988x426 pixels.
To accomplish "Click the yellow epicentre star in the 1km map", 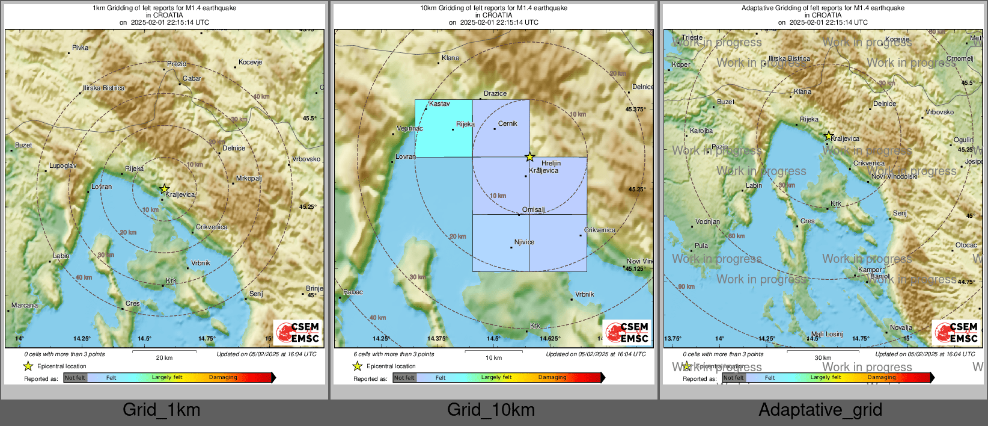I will tap(165, 189).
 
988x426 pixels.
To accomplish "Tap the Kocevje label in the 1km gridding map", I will tap(250, 62).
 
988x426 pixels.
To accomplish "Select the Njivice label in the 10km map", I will tap(524, 242).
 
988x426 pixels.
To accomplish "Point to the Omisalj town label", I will tap(533, 210).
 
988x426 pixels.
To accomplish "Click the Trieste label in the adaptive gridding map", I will tap(692, 37).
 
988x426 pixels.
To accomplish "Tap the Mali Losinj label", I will tap(827, 334).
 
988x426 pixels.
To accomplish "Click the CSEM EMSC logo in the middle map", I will tap(627, 332).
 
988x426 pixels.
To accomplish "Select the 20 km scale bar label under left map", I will tap(164, 357).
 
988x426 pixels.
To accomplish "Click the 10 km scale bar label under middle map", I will tap(493, 357).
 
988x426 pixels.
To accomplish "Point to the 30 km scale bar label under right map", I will tap(823, 357).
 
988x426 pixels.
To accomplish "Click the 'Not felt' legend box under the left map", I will tap(75, 378).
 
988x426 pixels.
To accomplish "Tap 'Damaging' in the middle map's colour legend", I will tap(552, 377).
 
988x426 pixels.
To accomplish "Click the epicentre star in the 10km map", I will tap(529, 157).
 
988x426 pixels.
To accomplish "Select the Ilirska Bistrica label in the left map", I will tap(104, 88).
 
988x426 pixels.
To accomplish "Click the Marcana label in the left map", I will tap(25, 305).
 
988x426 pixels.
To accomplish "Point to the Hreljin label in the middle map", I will tap(551, 163).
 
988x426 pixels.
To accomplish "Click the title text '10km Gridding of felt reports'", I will tap(493, 8).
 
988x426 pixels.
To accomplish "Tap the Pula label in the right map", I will tap(701, 245).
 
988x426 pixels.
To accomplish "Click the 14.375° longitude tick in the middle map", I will tap(437, 339).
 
